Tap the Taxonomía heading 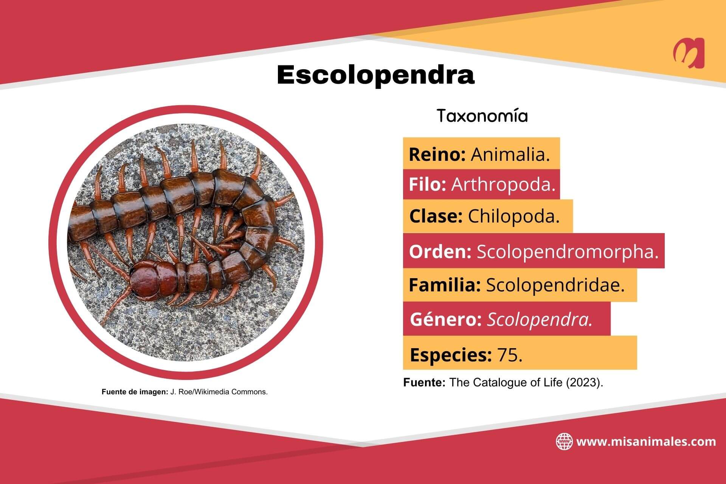pyautogui.click(x=482, y=116)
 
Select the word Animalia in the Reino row pyautogui.click(x=510, y=154)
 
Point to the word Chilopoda pyautogui.click(x=513, y=216)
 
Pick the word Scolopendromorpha pyautogui.click(x=568, y=252)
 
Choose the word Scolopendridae pyautogui.click(x=555, y=285)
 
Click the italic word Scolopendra pyautogui.click(x=540, y=320)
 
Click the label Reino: pyautogui.click(x=437, y=154)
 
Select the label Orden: pyautogui.click(x=440, y=252)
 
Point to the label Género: pyautogui.click(x=446, y=320)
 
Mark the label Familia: pyautogui.click(x=445, y=285)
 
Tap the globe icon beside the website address pyautogui.click(x=564, y=442)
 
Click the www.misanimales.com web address pyautogui.click(x=646, y=442)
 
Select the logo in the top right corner pyautogui.click(x=689, y=53)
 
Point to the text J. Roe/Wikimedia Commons pyautogui.click(x=219, y=392)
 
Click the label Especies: pyautogui.click(x=451, y=355)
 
